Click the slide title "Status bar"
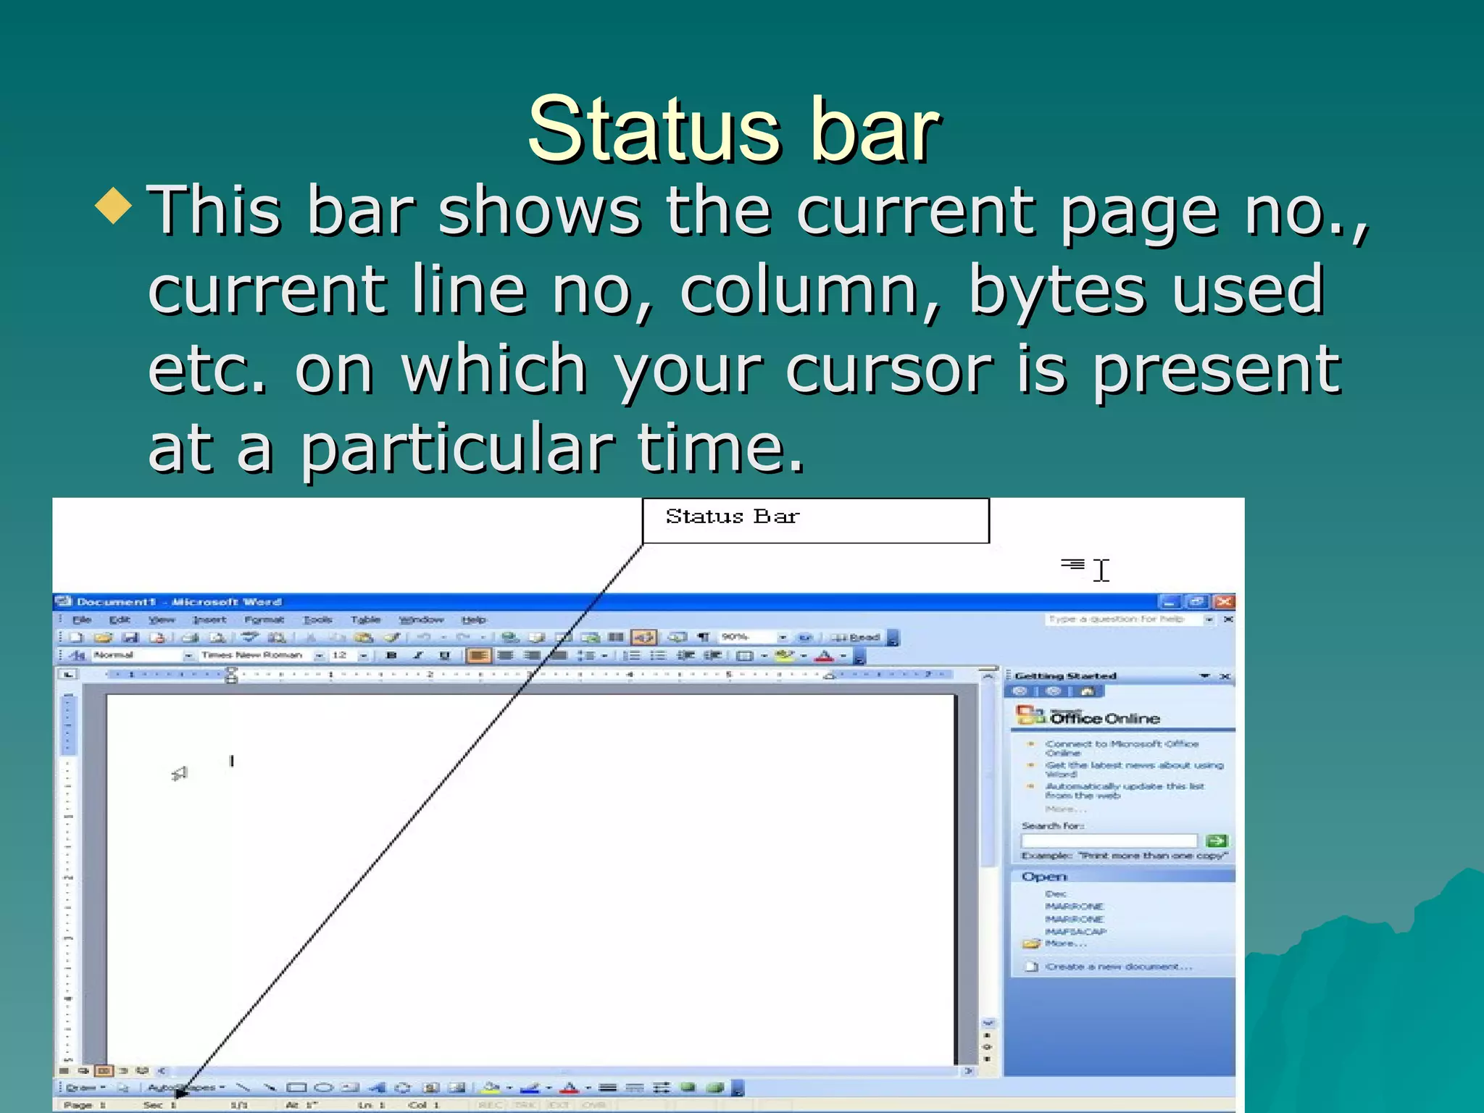733,130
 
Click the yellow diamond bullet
114,205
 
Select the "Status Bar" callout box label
733,517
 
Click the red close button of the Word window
1224,601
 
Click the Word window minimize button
1169,601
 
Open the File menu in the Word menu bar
81,620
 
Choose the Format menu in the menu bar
264,620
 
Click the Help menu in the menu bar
474,620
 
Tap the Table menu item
365,620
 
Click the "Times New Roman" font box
252,655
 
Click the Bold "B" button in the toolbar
392,655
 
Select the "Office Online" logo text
1104,718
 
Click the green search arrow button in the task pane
1217,841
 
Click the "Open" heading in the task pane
1044,877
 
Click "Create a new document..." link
1118,967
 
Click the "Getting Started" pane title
1065,676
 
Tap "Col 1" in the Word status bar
424,1105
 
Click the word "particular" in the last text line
457,448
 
